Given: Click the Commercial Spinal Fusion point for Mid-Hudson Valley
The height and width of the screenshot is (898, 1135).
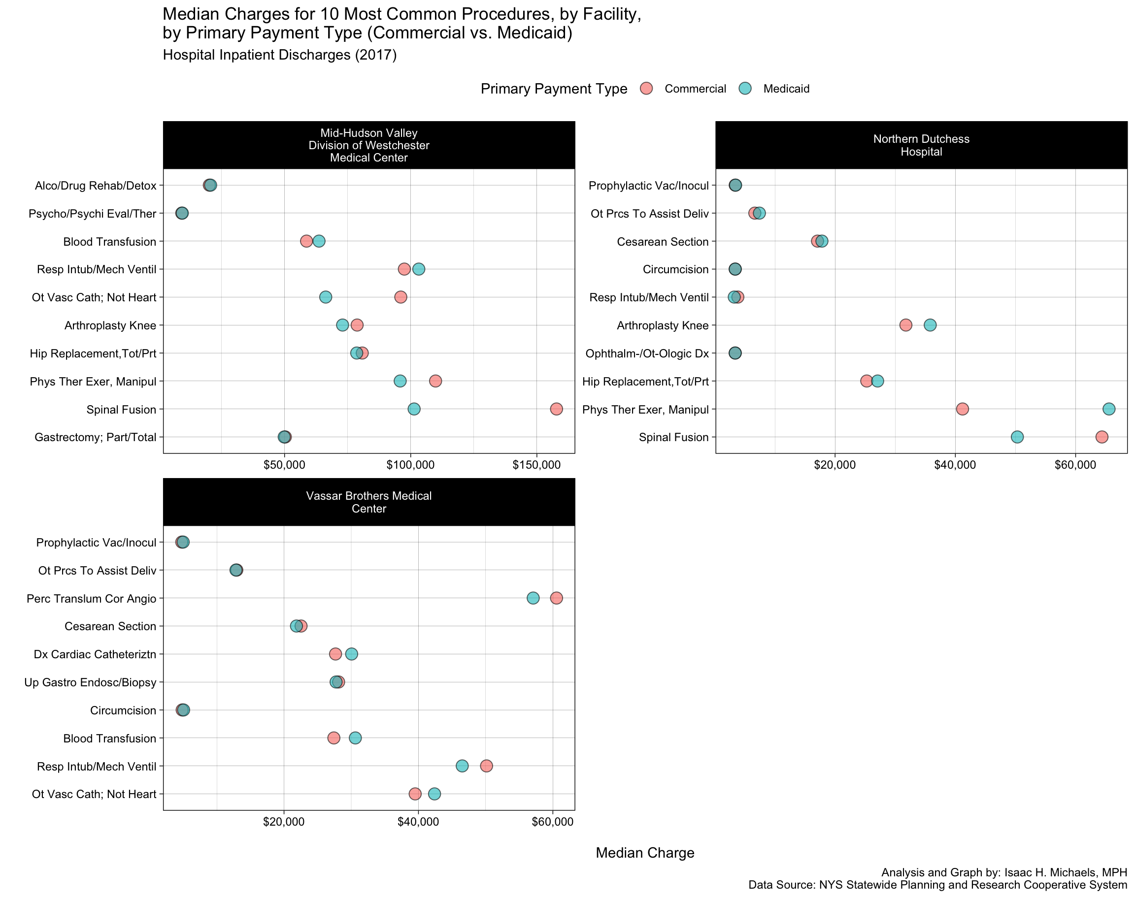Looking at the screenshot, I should [x=556, y=409].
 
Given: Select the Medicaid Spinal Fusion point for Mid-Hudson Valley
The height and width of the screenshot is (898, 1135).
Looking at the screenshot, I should [x=414, y=409].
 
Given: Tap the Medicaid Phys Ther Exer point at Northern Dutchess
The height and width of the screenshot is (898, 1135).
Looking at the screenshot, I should [x=1109, y=409].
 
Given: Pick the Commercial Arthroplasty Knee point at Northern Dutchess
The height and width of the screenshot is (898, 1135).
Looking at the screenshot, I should [x=905, y=325].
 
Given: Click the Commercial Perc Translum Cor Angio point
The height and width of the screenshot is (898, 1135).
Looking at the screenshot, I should [x=556, y=598].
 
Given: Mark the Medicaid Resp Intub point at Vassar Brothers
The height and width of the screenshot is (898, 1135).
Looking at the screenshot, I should [x=462, y=766].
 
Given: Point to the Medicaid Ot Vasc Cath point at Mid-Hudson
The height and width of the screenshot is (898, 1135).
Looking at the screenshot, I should [x=326, y=297].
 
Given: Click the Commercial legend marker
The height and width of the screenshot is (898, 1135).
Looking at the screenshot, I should [x=646, y=88].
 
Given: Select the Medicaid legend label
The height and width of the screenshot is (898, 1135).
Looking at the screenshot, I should [x=786, y=89].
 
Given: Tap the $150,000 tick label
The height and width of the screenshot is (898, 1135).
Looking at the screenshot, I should [x=536, y=465].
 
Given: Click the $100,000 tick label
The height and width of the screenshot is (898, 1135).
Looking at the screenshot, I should [x=410, y=465].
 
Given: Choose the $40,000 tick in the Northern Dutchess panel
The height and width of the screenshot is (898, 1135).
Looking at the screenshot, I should [x=955, y=465].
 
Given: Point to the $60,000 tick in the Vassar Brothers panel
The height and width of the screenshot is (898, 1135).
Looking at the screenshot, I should [x=552, y=822].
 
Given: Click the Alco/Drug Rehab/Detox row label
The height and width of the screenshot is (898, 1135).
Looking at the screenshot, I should [x=96, y=186].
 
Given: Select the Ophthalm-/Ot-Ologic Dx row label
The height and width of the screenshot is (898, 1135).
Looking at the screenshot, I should [x=647, y=353].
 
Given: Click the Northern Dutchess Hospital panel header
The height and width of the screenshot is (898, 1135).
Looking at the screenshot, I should [x=921, y=145].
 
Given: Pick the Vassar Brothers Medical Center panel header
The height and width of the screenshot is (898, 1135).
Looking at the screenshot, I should [x=368, y=502].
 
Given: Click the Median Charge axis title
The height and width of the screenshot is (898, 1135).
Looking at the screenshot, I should [x=645, y=853].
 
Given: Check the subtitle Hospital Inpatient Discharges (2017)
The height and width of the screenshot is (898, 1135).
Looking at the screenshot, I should [x=279, y=55].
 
